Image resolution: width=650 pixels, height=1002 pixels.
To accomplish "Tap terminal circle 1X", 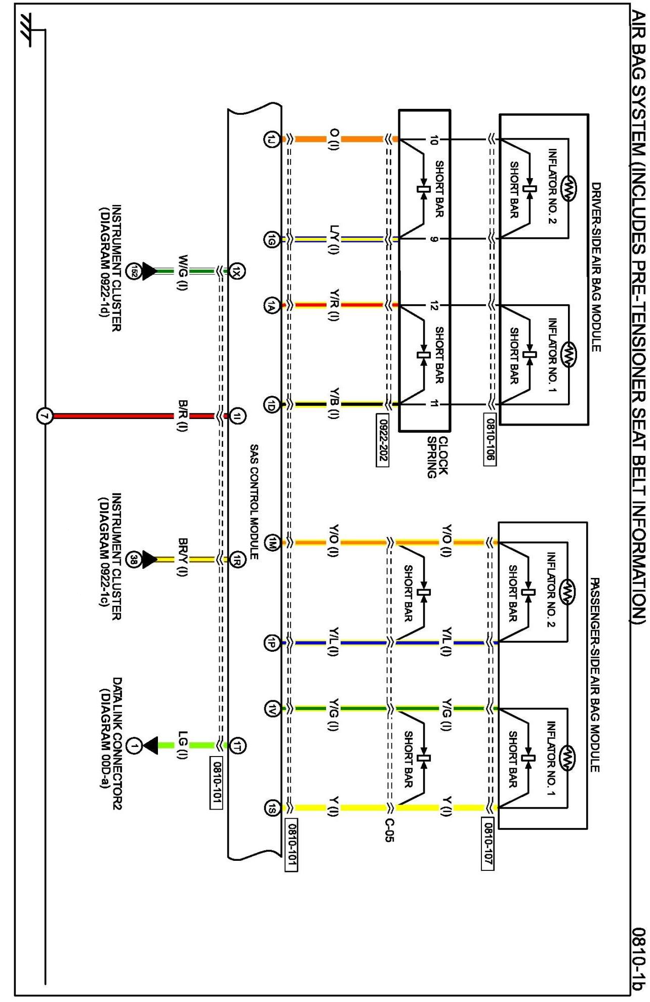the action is coord(237,271).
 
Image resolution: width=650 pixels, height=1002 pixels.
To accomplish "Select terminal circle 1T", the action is coord(237,745).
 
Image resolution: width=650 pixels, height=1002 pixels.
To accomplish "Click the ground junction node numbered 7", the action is coord(45,416).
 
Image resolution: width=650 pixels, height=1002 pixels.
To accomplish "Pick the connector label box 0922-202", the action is coord(382,440).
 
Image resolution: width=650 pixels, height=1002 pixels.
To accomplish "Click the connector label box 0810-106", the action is coord(490,439).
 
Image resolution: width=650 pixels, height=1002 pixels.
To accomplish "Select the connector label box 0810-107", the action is coord(487,844).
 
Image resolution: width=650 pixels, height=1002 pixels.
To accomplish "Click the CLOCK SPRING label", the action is coord(437,457).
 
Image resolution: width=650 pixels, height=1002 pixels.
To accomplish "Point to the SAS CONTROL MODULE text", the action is coord(254,502).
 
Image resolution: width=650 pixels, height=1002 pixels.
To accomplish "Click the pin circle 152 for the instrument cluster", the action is coord(134,271).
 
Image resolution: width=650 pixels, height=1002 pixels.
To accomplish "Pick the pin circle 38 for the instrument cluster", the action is coord(134,560).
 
